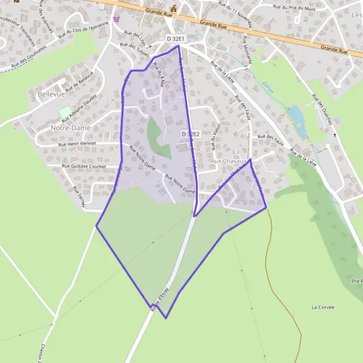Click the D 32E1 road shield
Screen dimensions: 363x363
pyautogui.click(x=175, y=39)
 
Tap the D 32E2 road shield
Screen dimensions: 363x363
pyautogui.click(x=190, y=134)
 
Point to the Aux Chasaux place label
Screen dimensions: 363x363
pyautogui.click(x=229, y=162)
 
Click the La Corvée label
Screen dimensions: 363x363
pyautogui.click(x=324, y=307)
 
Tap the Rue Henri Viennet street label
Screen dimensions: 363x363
pyautogui.click(x=82, y=144)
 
